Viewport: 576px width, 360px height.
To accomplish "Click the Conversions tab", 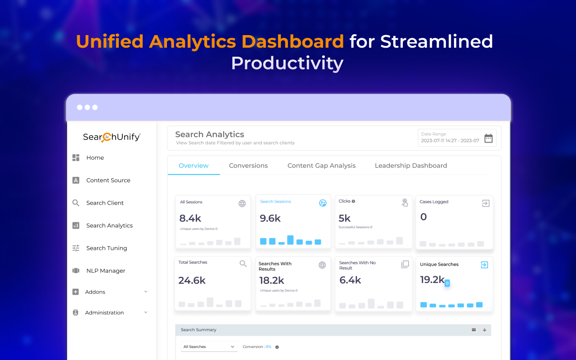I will coord(248,166).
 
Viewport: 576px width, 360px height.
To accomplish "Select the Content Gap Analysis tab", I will coord(321,166).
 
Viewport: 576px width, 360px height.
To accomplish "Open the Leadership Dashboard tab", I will coord(411,166).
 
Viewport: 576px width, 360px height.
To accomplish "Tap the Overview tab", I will coord(193,166).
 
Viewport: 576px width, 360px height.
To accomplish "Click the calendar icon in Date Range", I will coord(488,138).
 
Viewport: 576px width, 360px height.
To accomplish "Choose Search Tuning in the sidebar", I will coord(107,248).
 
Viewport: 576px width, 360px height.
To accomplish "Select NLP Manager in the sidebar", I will coord(106,270).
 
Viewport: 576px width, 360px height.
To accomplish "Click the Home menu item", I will coord(95,157).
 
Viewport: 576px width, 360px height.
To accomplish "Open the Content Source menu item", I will coord(108,180).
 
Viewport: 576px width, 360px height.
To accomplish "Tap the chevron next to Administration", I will coord(146,312).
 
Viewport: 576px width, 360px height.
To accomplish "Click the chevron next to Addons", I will coord(146,292).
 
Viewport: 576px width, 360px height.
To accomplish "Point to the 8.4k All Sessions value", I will coord(190,219).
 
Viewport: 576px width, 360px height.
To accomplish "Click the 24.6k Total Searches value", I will coord(192,281).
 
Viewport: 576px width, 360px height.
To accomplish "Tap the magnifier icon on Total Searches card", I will coord(243,264).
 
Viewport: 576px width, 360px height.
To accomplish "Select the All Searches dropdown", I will coord(209,346).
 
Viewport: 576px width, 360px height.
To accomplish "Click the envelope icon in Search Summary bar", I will coord(474,330).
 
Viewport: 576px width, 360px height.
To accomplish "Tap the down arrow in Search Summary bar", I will coord(485,330).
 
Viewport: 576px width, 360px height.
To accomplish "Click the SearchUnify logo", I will coord(112,137).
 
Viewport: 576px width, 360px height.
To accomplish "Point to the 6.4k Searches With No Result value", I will coord(350,280).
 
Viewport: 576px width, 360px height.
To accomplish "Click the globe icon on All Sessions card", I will coord(242,203).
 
